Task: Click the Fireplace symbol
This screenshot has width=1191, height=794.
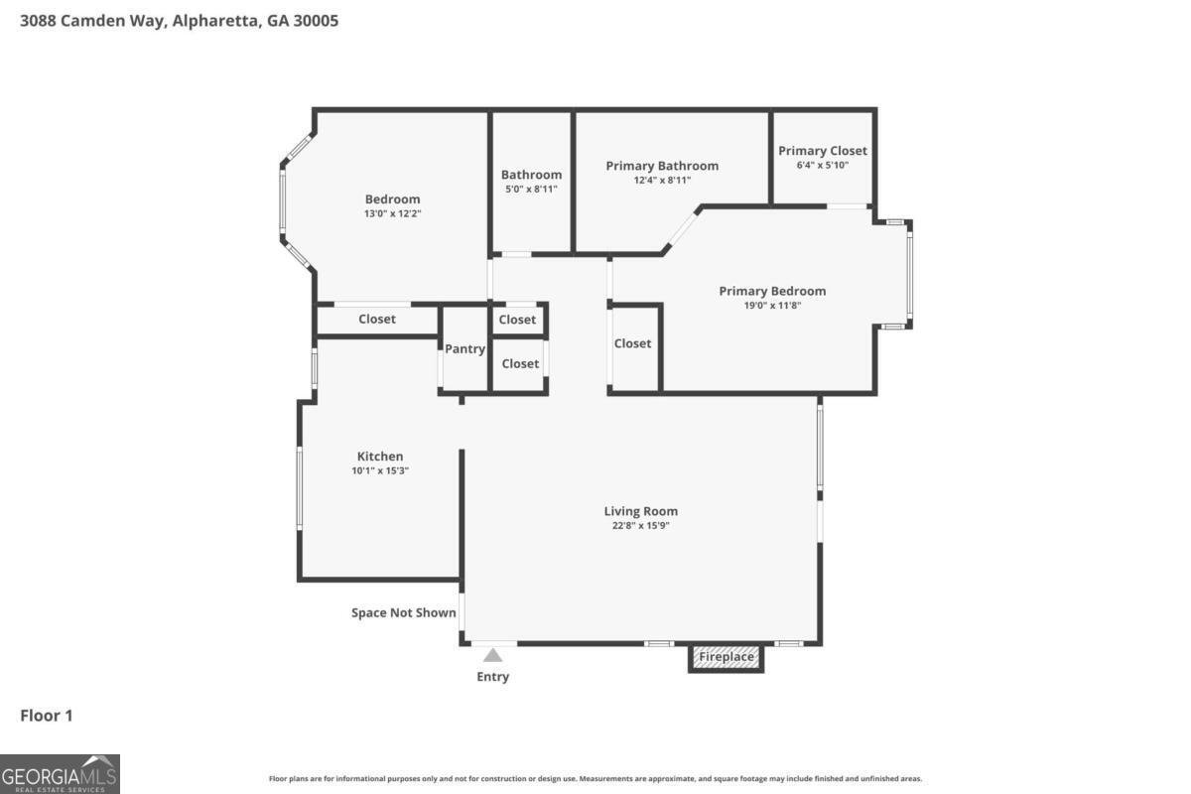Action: point(727,657)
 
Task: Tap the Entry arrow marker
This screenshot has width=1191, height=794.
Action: point(492,654)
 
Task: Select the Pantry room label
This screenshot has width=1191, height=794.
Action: point(464,349)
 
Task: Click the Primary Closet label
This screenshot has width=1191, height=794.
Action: point(822,151)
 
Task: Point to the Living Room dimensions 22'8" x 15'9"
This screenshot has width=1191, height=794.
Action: point(640,526)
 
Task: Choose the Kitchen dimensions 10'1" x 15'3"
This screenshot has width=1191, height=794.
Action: point(380,471)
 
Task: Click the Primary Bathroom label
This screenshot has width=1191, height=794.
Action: point(662,166)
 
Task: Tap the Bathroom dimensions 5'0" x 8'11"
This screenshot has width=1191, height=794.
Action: point(531,189)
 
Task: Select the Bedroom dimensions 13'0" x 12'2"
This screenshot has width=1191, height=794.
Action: point(392,213)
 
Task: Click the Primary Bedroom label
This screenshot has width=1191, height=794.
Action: point(772,291)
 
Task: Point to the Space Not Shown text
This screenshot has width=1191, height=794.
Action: point(404,613)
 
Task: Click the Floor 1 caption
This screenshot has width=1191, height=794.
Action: point(47,716)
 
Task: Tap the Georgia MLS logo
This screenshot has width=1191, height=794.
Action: point(60,773)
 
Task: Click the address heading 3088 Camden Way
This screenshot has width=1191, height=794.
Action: point(179,20)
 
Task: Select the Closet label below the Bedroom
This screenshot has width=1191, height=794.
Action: point(377,320)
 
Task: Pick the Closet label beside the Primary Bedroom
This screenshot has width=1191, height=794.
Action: point(632,343)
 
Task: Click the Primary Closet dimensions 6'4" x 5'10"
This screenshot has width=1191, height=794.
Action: point(822,166)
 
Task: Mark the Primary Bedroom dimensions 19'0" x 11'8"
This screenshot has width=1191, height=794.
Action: point(772,306)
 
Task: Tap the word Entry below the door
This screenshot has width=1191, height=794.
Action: point(492,677)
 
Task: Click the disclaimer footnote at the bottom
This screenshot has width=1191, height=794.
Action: point(595,779)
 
